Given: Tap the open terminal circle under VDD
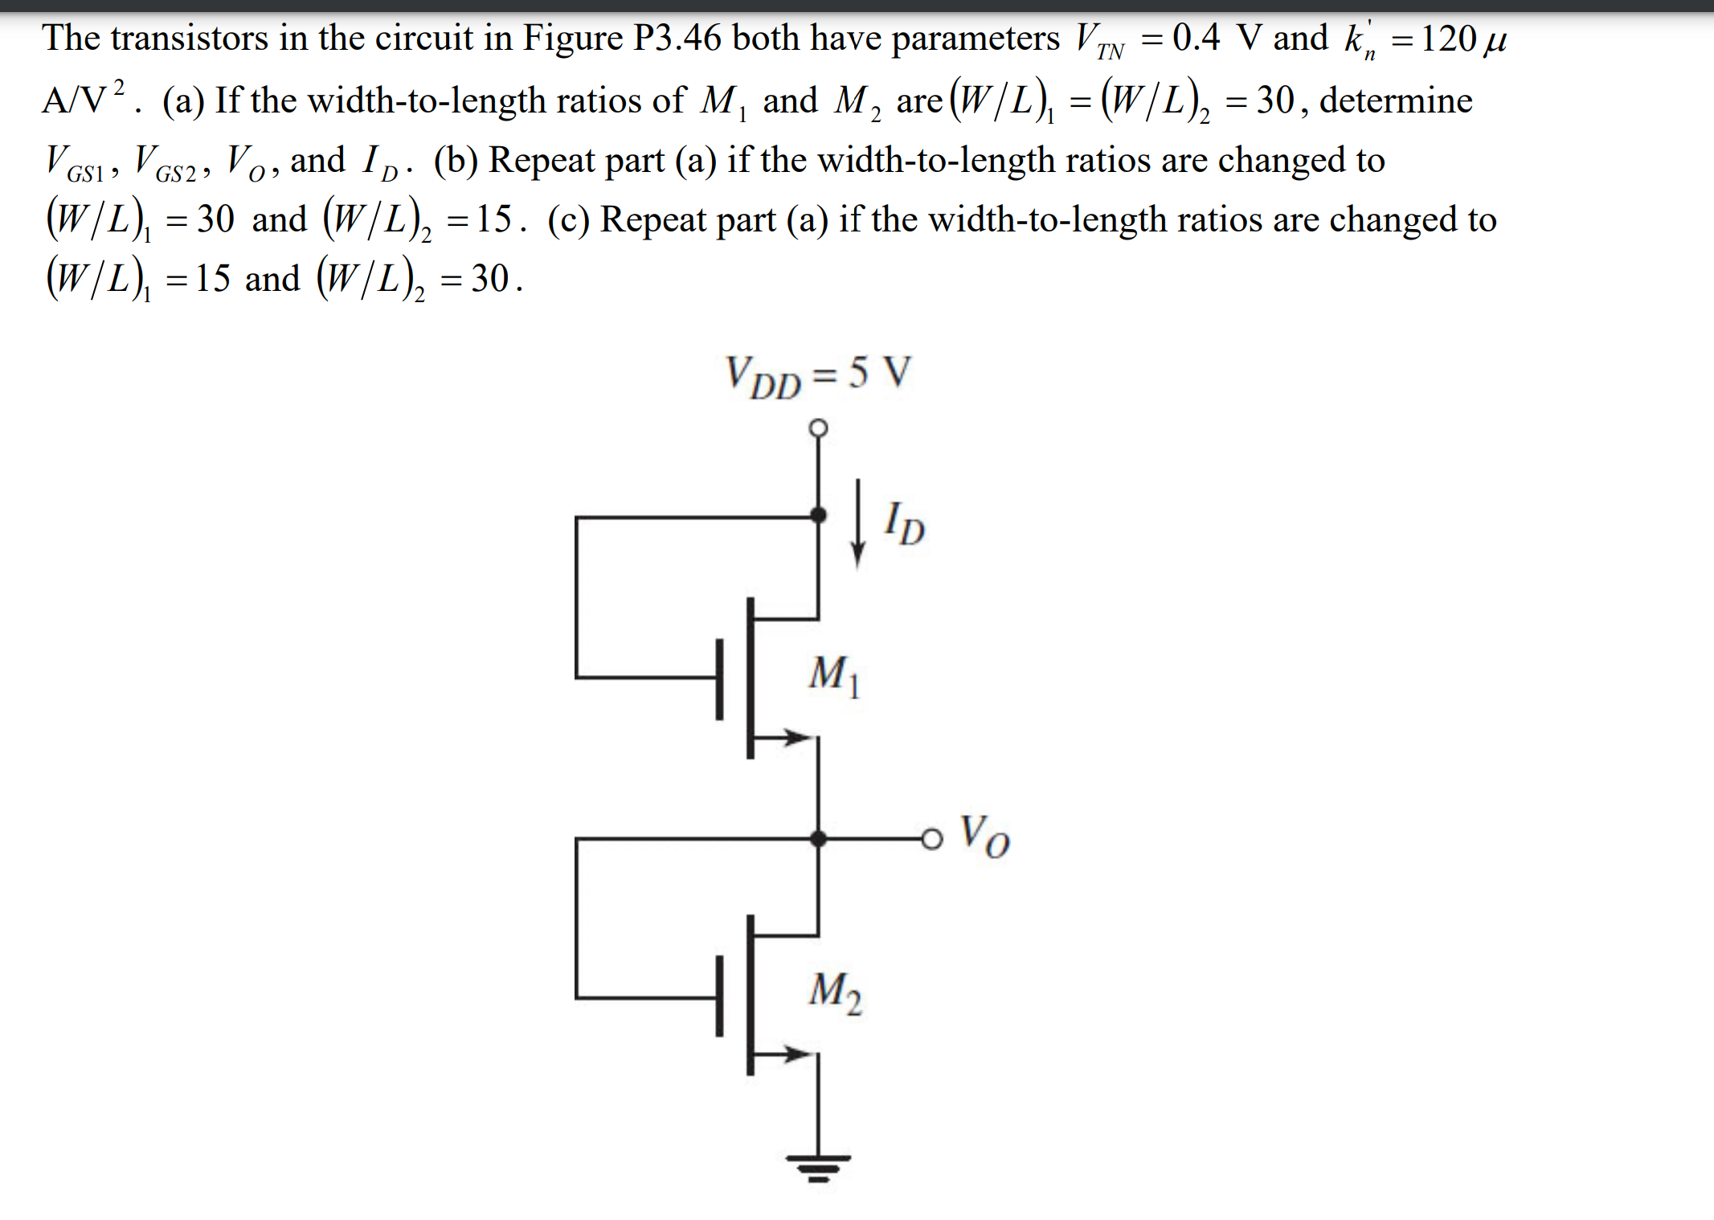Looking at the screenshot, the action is (818, 428).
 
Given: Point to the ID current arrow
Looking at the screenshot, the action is (857, 522).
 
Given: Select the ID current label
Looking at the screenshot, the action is (904, 524).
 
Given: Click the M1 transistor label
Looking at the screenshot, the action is (834, 675).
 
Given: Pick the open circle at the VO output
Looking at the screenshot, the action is (931, 839).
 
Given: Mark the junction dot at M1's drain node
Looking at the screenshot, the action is (818, 516).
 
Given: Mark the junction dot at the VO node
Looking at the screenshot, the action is (818, 839).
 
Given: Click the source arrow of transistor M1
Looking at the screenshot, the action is (796, 736).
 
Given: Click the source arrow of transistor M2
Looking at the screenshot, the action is (796, 1054).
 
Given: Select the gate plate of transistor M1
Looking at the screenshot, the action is (720, 678).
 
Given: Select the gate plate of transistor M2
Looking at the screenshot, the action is (720, 997).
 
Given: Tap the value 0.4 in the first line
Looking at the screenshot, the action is (1196, 37).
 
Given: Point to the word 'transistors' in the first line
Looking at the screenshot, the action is (190, 39).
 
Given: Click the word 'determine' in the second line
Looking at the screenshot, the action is (1396, 100).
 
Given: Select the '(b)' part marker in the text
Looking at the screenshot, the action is (456, 160).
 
